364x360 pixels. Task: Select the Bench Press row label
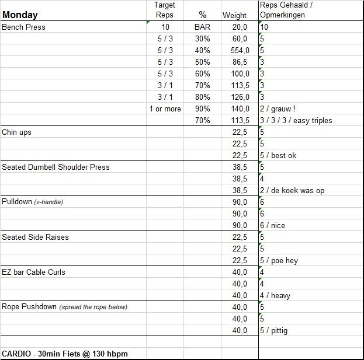coord(24,27)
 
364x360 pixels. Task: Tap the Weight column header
coord(234,15)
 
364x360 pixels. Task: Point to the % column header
coord(202,15)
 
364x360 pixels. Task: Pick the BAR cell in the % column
coord(202,27)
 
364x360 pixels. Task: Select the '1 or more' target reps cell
coord(165,109)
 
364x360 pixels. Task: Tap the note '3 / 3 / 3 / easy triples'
coord(296,120)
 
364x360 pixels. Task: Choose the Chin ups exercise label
coord(17,132)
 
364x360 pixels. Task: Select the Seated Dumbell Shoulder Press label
coord(56,167)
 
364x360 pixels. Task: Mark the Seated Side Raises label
coord(34,237)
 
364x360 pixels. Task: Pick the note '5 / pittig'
coord(273,330)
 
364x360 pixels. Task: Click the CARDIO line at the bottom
coord(64,354)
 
